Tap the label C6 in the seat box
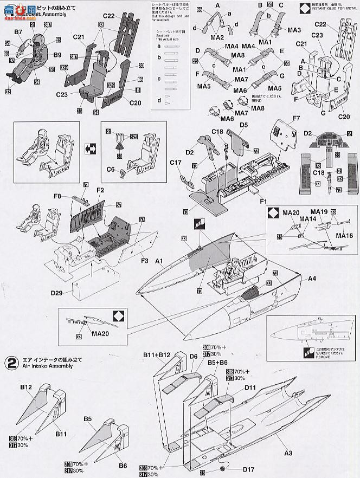[110, 169]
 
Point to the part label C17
[175, 162]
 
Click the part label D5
[243, 125]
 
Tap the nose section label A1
[159, 261]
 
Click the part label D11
[250, 388]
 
